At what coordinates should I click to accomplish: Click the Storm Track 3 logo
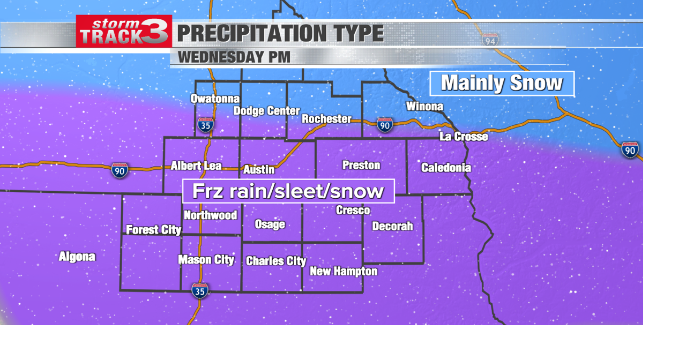pyautogui.click(x=124, y=31)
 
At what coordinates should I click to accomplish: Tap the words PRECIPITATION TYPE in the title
pyautogui.click(x=280, y=34)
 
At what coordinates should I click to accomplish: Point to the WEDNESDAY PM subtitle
pyautogui.click(x=234, y=57)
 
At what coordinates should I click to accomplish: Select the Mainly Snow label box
pyautogui.click(x=502, y=84)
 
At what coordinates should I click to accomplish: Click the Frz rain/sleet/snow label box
pyautogui.click(x=288, y=191)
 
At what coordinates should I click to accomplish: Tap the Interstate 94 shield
pyautogui.click(x=490, y=40)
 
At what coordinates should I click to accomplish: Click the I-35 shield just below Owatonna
pyautogui.click(x=205, y=125)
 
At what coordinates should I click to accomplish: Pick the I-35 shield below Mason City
pyautogui.click(x=199, y=290)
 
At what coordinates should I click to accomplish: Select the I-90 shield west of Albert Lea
pyautogui.click(x=120, y=170)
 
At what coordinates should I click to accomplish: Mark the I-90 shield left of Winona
pyautogui.click(x=384, y=125)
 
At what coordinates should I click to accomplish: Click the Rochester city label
pyautogui.click(x=326, y=119)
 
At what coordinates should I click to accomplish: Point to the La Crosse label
pyautogui.click(x=464, y=137)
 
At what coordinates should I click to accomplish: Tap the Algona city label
pyautogui.click(x=77, y=257)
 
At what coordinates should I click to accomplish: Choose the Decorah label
pyautogui.click(x=392, y=226)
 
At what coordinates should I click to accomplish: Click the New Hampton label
pyautogui.click(x=344, y=272)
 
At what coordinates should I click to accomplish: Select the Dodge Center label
pyautogui.click(x=266, y=111)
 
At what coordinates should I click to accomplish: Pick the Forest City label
pyautogui.click(x=153, y=230)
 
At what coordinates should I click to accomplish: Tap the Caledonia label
pyautogui.click(x=446, y=168)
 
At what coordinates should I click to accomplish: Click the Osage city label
pyautogui.click(x=270, y=224)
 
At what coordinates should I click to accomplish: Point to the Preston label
pyautogui.click(x=361, y=165)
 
